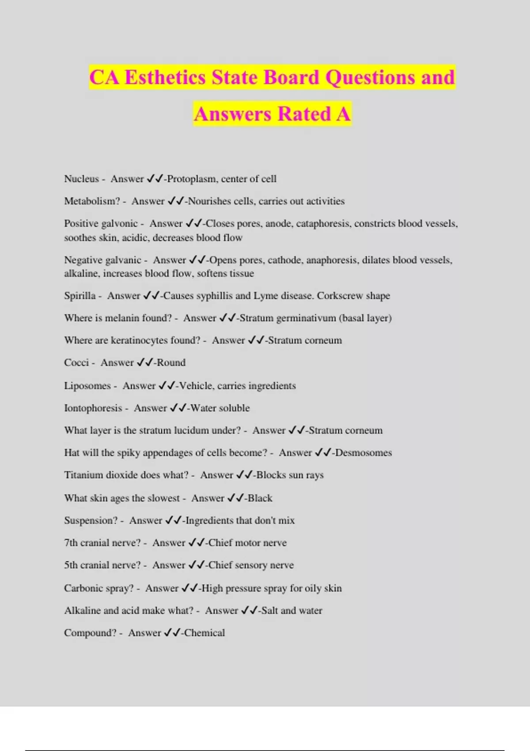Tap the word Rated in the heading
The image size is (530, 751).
(304, 114)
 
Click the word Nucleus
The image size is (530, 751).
(81, 179)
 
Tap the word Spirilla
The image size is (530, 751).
(79, 296)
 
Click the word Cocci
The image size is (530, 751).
(76, 363)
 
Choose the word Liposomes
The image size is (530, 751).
(87, 386)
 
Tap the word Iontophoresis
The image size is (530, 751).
(93, 408)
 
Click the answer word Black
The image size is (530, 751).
(260, 498)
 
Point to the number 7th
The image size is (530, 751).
(71, 543)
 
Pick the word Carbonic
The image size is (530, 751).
(83, 588)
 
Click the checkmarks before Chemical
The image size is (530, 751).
(172, 633)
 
